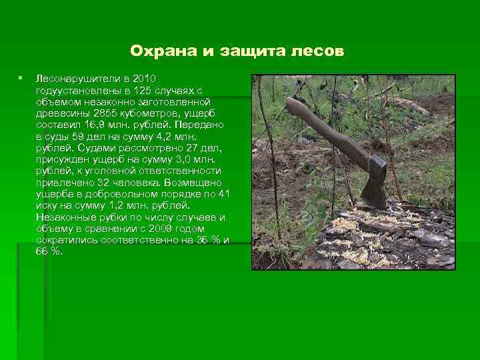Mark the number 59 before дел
(x=100, y=136)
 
